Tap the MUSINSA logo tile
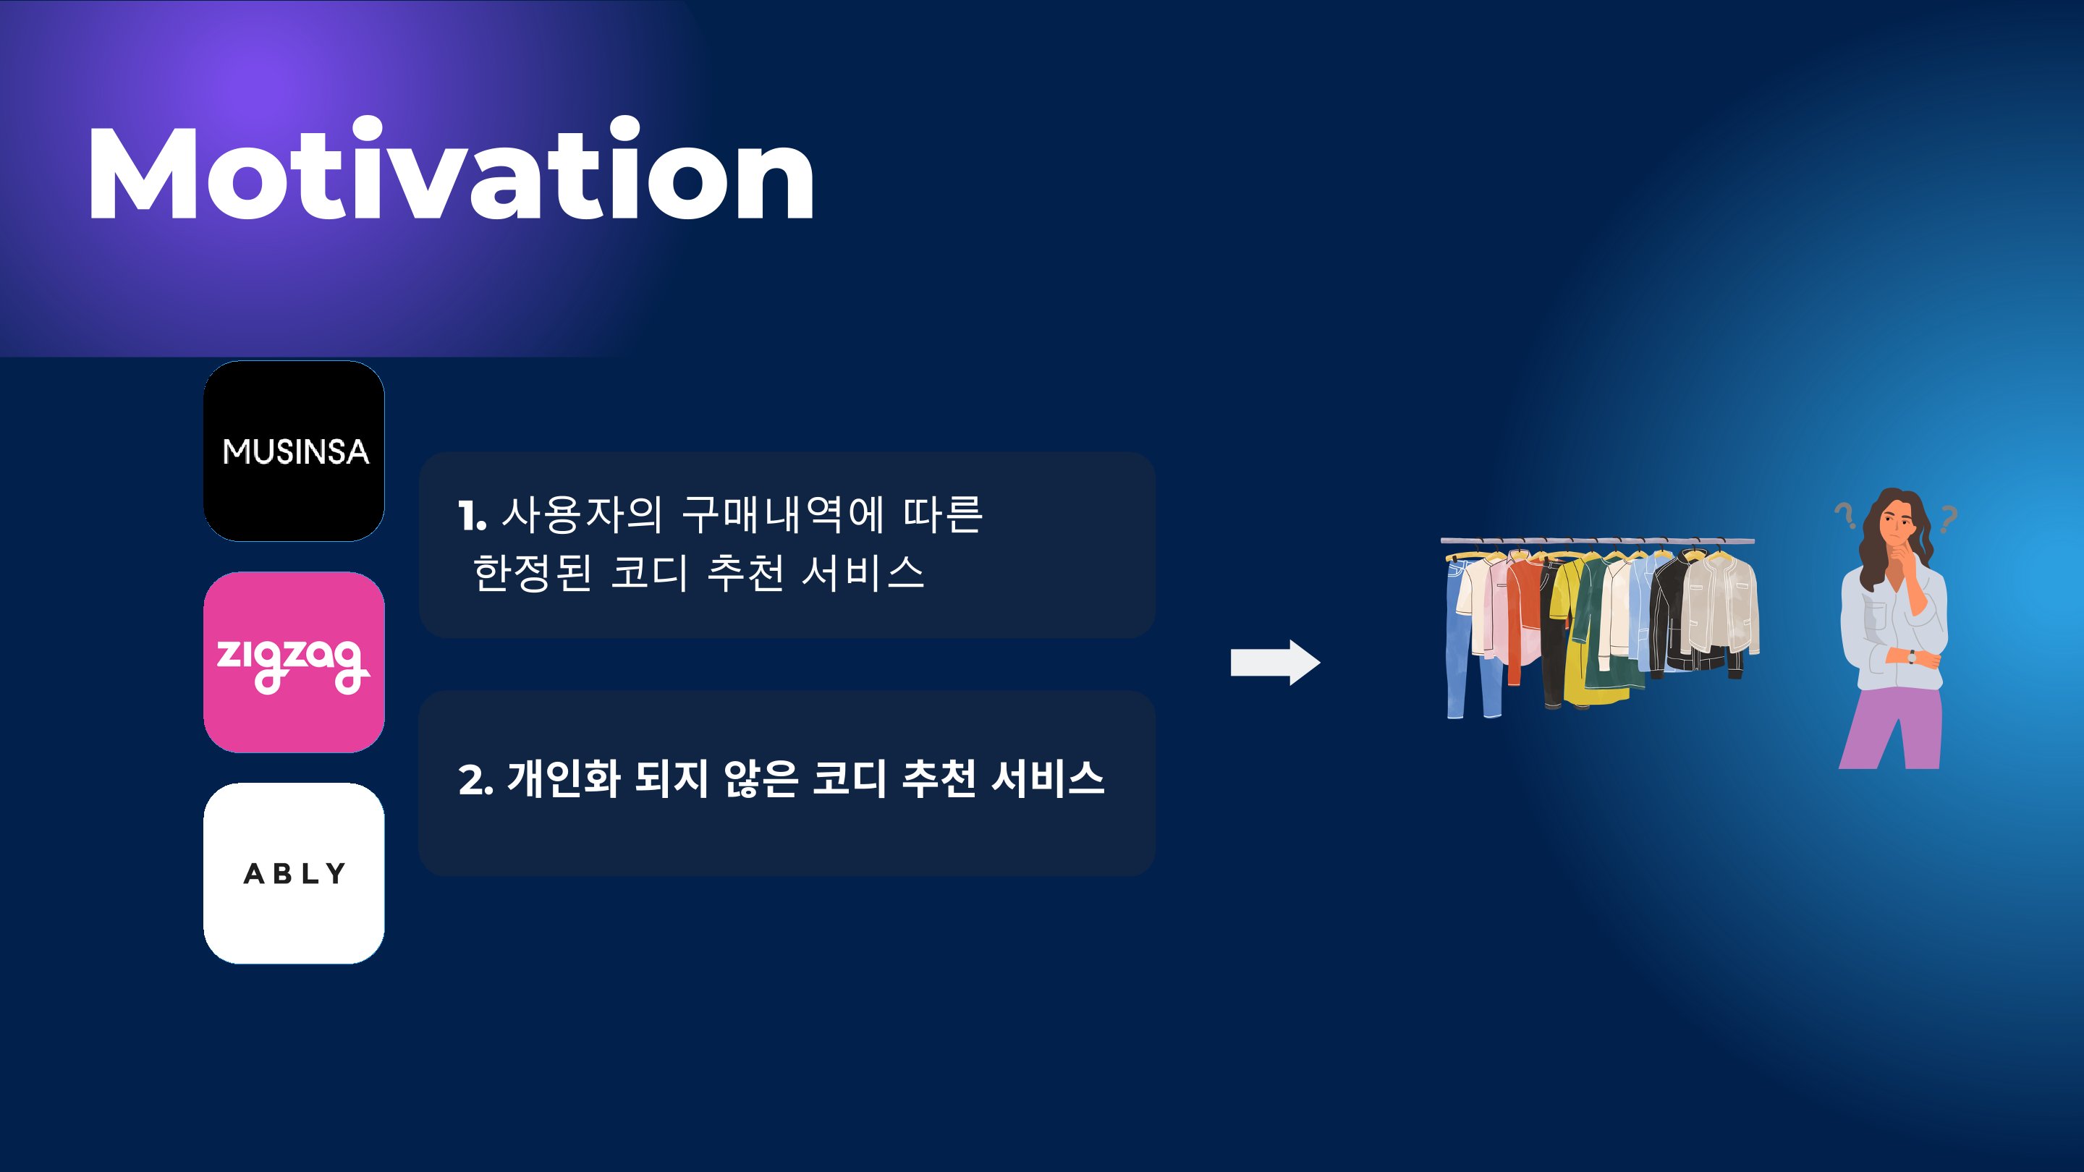(x=294, y=451)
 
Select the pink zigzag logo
(x=294, y=663)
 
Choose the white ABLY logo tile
(x=294, y=873)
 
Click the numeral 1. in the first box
(x=473, y=516)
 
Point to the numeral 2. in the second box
(x=475, y=781)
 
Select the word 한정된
(x=533, y=573)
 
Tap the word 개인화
(x=563, y=779)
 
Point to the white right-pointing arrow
(x=1275, y=663)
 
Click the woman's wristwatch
(x=1912, y=656)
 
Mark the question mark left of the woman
(x=1845, y=514)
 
